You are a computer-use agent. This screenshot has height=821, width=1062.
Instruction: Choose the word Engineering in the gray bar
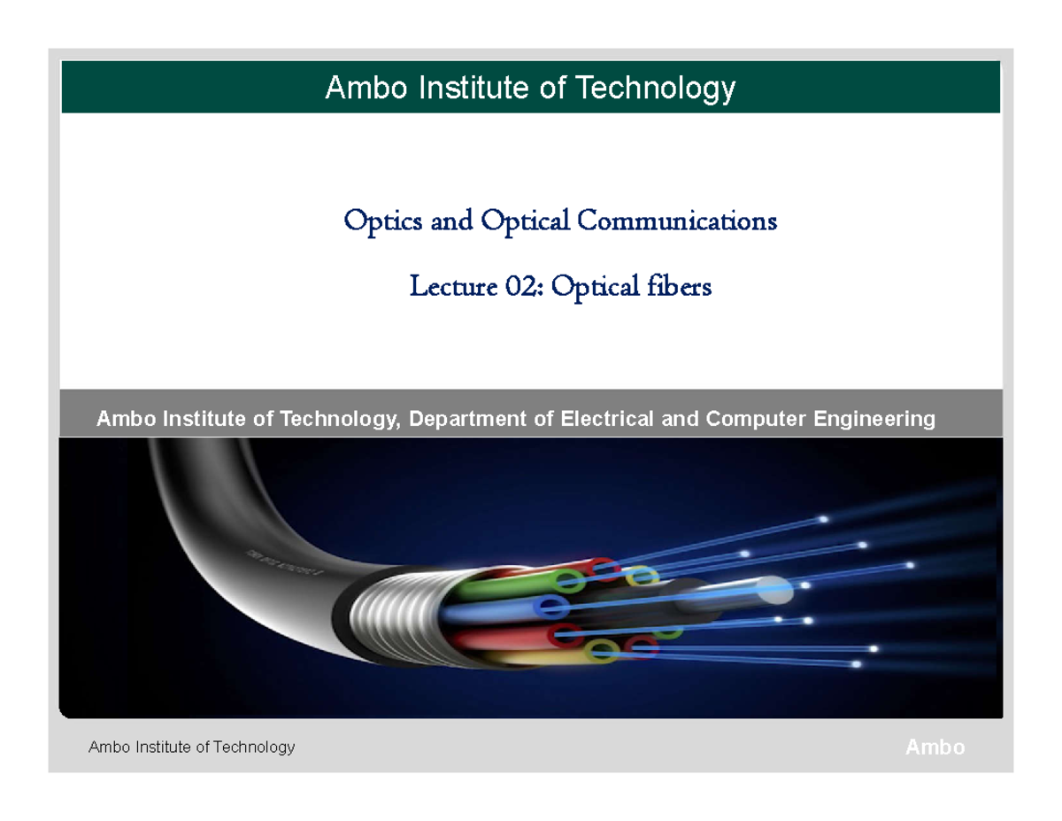tap(872, 418)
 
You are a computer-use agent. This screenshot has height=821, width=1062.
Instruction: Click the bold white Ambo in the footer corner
tap(935, 747)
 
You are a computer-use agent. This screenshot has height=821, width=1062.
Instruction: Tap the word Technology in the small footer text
tap(252, 747)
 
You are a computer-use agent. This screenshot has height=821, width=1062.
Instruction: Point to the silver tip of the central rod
tap(774, 585)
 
